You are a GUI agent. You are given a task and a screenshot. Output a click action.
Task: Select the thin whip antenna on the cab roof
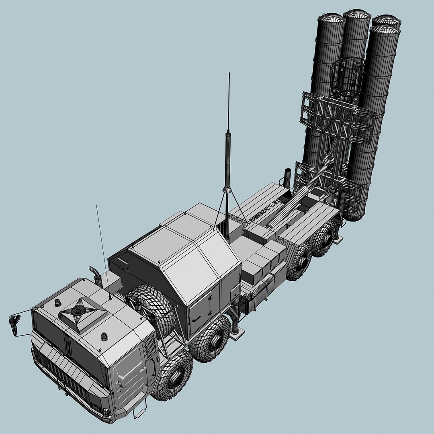click(x=102, y=249)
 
